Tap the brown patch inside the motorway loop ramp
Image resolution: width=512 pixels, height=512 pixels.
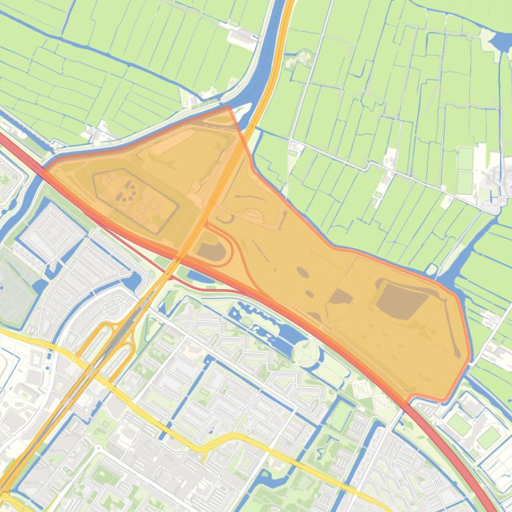212,251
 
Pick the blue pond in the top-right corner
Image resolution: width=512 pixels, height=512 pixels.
499,41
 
